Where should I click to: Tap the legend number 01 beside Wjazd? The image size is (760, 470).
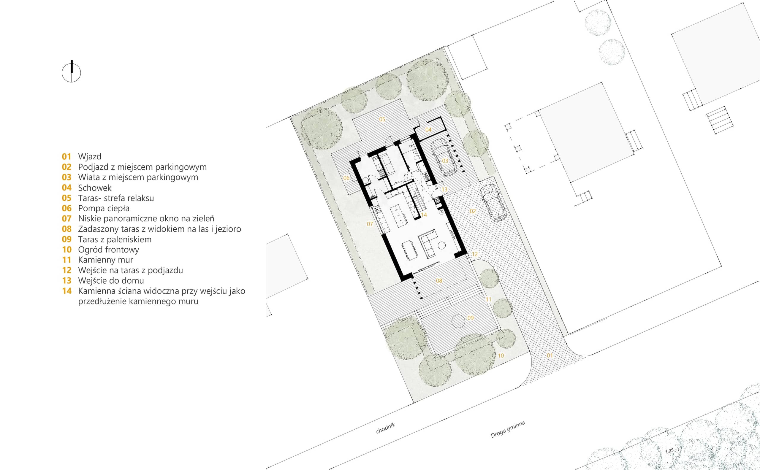(x=66, y=156)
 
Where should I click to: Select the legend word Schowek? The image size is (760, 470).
(x=94, y=188)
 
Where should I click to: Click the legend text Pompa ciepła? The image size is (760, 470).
(x=104, y=208)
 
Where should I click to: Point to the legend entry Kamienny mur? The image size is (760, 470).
(x=105, y=260)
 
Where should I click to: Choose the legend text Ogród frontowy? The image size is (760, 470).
(x=109, y=250)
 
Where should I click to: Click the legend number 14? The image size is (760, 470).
(x=67, y=291)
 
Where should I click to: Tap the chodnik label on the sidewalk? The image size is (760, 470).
(x=386, y=428)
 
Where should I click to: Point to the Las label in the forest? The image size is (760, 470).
(x=670, y=450)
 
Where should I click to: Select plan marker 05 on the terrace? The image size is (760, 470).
(x=382, y=119)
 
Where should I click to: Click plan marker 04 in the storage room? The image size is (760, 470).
(x=428, y=130)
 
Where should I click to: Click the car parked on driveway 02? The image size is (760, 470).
(x=493, y=203)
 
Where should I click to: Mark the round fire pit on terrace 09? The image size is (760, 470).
(x=458, y=321)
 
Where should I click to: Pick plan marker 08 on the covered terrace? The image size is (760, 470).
(x=439, y=281)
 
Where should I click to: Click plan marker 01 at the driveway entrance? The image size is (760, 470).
(x=550, y=355)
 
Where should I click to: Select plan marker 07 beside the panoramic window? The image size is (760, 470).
(x=370, y=224)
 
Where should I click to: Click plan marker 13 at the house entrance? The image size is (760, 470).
(x=444, y=189)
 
